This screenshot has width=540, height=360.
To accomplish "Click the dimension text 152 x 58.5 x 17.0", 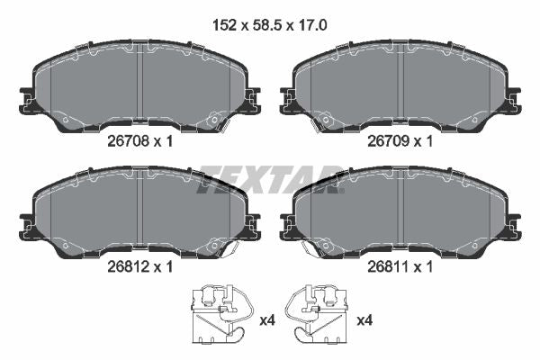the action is (x=270, y=25).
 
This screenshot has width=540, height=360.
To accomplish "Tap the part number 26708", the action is (x=128, y=141).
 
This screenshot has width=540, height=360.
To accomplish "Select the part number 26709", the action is (x=388, y=141).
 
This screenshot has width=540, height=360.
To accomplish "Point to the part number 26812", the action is (x=128, y=266).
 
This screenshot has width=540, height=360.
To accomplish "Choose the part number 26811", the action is (x=388, y=266).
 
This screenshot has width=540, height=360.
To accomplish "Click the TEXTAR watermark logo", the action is (x=270, y=180).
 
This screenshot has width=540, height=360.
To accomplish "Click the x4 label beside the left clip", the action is (x=267, y=320).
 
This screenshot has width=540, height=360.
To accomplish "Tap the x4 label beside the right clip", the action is (x=364, y=320).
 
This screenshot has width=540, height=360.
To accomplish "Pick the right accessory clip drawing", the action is (x=317, y=314).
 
